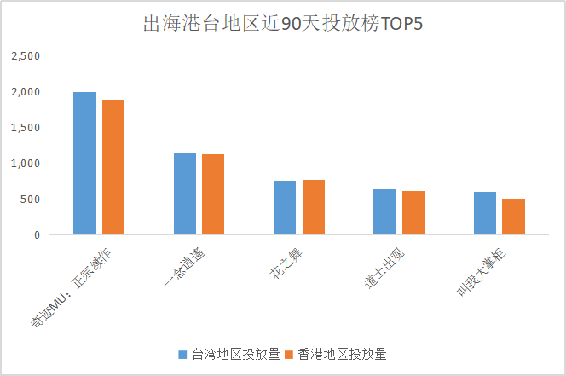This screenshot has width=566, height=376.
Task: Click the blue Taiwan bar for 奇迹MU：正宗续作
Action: pos(84,163)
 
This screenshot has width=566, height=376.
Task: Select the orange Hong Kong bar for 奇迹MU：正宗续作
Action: pos(113,167)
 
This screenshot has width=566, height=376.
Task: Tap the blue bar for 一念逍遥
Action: pos(185,194)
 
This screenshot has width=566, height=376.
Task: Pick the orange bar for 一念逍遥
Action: pos(213,194)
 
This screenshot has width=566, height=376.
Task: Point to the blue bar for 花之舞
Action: pos(285,207)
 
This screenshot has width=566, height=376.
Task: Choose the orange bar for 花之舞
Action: pos(313,207)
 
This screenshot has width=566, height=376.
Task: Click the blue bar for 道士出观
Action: pos(384,211)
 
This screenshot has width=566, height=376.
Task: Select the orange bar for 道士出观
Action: pos(413,212)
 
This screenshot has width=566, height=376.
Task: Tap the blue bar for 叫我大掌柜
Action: pos(484,213)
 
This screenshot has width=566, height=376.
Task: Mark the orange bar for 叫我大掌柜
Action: pos(513,217)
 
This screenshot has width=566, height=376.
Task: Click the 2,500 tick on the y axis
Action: pos(26,56)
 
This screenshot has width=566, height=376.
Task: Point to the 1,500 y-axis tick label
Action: pos(26,128)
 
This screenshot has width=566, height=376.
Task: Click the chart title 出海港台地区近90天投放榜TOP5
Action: pos(282,24)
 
